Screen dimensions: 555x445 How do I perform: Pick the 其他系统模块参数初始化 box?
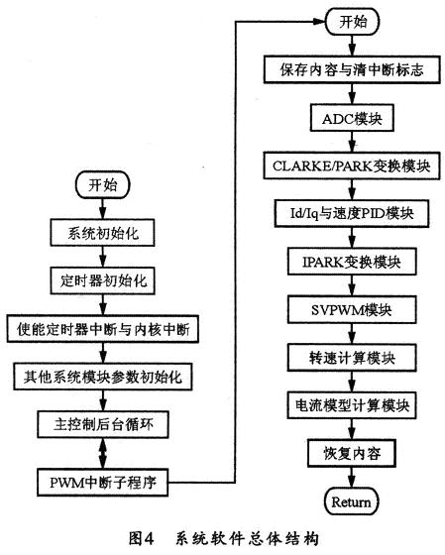[x=103, y=378]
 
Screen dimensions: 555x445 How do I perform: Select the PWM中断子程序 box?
[x=103, y=484]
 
